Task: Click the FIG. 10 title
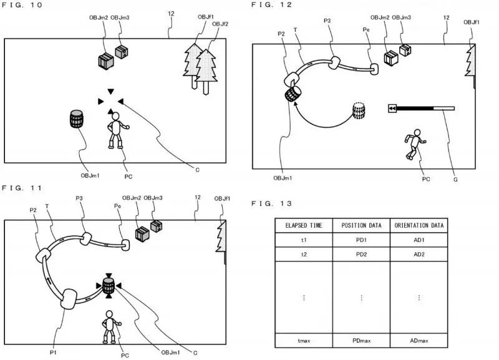click(x=23, y=5)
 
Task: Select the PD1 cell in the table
click(x=361, y=239)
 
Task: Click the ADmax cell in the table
click(x=419, y=341)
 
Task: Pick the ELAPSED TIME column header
click(x=304, y=225)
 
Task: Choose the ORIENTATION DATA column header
click(x=419, y=225)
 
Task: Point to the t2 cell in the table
click(x=304, y=255)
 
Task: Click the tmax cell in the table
click(x=304, y=341)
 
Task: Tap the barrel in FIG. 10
click(x=77, y=120)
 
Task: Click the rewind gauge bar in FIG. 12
click(x=421, y=108)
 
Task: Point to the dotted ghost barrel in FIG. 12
click(x=359, y=111)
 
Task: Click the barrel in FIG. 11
click(x=109, y=286)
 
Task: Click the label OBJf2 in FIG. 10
click(x=220, y=24)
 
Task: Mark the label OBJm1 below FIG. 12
click(x=283, y=178)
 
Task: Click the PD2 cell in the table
click(x=361, y=255)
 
